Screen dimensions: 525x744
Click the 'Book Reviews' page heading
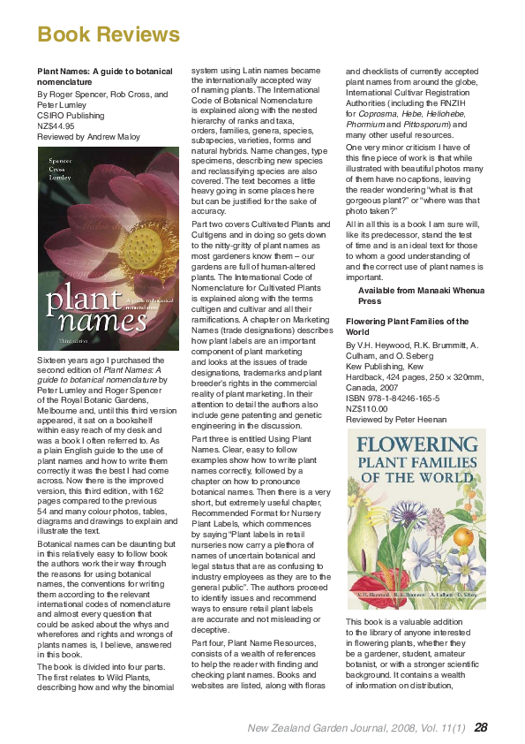coord(109,34)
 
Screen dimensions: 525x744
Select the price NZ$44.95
coord(56,125)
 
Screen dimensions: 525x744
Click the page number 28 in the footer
coord(481,726)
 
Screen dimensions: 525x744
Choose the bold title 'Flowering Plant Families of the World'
coord(410,327)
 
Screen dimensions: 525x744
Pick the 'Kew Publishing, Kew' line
coord(386,366)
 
